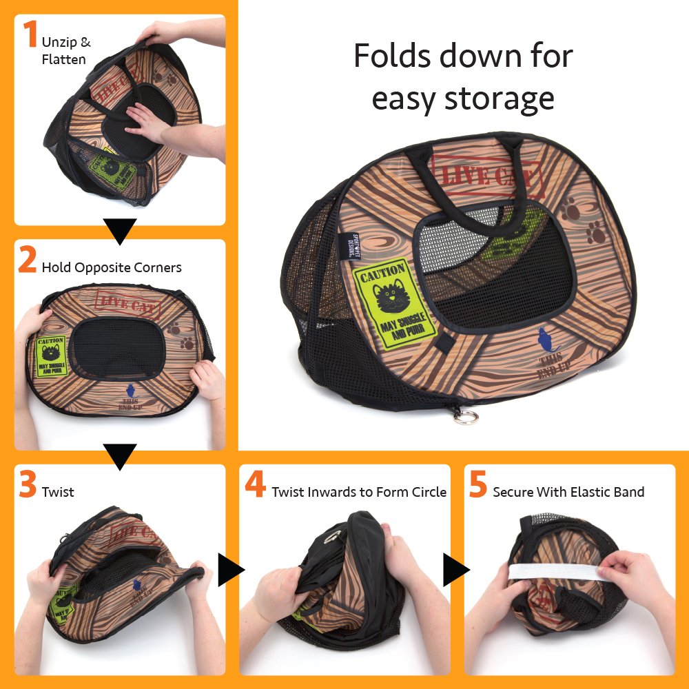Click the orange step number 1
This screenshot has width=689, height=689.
30,35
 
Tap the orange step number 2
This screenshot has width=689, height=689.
28,260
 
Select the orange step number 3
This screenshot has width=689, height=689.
28,484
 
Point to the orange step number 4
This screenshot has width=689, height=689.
255,484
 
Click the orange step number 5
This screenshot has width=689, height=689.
478,484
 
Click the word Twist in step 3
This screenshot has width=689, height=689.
58,492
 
